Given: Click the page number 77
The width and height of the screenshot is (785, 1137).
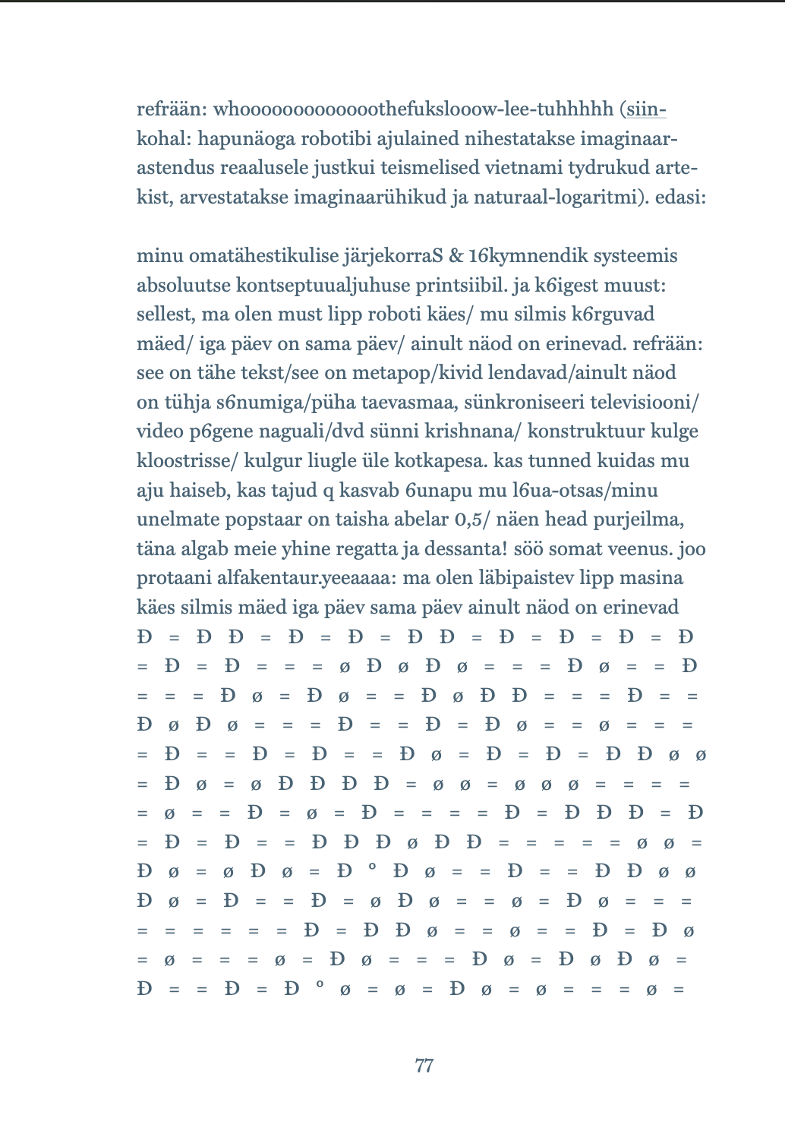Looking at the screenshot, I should pyautogui.click(x=424, y=1066).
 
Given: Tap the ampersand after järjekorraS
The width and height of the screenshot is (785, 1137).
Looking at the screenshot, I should pyautogui.click(x=456, y=256).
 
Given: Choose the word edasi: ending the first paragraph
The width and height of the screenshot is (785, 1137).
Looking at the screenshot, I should pyautogui.click(x=681, y=197).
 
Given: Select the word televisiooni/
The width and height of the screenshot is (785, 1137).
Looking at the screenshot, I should pyautogui.click(x=644, y=402).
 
